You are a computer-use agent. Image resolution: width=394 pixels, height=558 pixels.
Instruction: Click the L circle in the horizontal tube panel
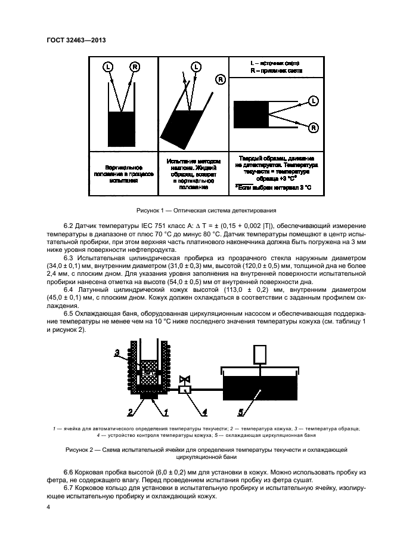pos(314,100)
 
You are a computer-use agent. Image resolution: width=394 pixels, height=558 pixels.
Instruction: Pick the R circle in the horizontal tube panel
pos(314,127)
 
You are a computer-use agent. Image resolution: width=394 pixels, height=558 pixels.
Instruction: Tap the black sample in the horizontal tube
pos(250,114)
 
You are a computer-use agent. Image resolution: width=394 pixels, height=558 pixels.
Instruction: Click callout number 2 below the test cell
pos(129,411)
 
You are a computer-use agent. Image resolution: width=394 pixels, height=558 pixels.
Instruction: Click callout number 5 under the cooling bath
pos(241,411)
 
